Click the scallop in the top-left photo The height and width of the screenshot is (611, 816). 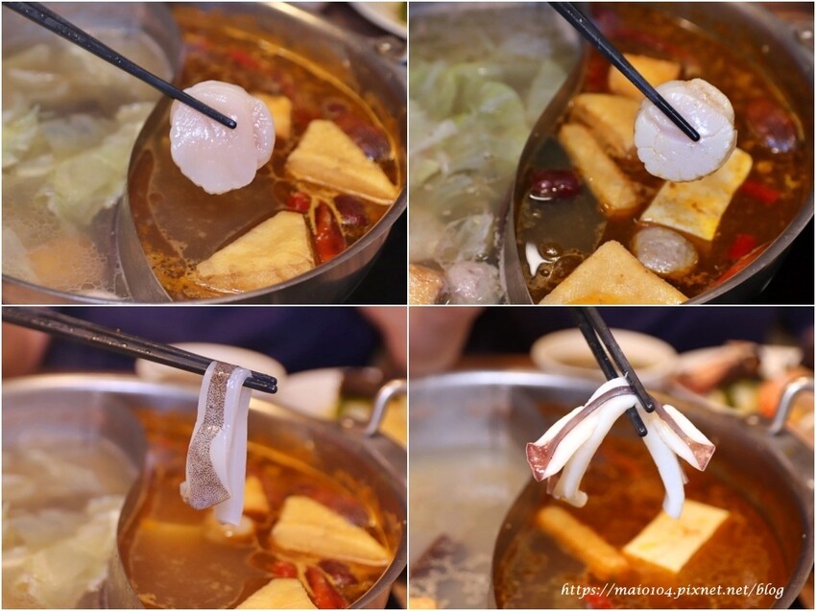point(222,137)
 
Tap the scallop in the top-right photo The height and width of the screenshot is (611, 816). point(684,130)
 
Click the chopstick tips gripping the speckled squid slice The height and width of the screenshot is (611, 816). point(264,383)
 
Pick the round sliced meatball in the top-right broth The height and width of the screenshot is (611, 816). point(664,250)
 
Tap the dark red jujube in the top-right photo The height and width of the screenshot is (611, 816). point(555,183)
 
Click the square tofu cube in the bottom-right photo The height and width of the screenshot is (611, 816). point(676,535)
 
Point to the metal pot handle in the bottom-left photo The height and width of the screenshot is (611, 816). point(384,405)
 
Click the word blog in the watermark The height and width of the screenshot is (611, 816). point(770,590)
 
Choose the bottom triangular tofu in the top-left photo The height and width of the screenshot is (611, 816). point(256,253)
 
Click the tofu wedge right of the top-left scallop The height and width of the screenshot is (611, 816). point(341,161)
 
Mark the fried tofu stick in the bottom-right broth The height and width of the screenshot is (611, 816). point(582,541)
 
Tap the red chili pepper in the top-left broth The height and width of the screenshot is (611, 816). point(329,234)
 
